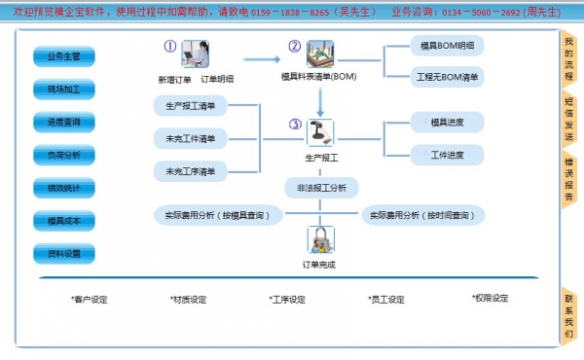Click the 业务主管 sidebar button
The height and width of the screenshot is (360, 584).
pyautogui.click(x=64, y=56)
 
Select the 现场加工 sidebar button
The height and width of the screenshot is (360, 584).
pyautogui.click(x=64, y=90)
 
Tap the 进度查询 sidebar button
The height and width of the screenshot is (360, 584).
pyautogui.click(x=64, y=123)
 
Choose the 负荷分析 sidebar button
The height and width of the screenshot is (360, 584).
pyautogui.click(x=64, y=155)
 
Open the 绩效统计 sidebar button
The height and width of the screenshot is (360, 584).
pyautogui.click(x=64, y=188)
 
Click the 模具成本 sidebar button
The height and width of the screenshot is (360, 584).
pyautogui.click(x=64, y=221)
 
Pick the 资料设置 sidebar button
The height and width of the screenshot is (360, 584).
pyautogui.click(x=64, y=254)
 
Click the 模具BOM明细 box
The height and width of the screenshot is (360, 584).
pyautogui.click(x=446, y=47)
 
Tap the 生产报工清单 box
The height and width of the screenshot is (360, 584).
pyautogui.click(x=192, y=105)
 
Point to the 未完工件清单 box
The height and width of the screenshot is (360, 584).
pyautogui.click(x=192, y=138)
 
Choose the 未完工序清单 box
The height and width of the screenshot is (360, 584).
pyautogui.click(x=192, y=171)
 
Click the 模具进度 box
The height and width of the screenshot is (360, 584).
pyautogui.click(x=446, y=123)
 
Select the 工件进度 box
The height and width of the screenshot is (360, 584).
pyautogui.click(x=446, y=156)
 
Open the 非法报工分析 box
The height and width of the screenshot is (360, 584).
pyautogui.click(x=321, y=186)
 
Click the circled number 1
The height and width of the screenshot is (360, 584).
pyautogui.click(x=170, y=46)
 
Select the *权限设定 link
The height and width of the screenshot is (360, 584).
pyautogui.click(x=489, y=299)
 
